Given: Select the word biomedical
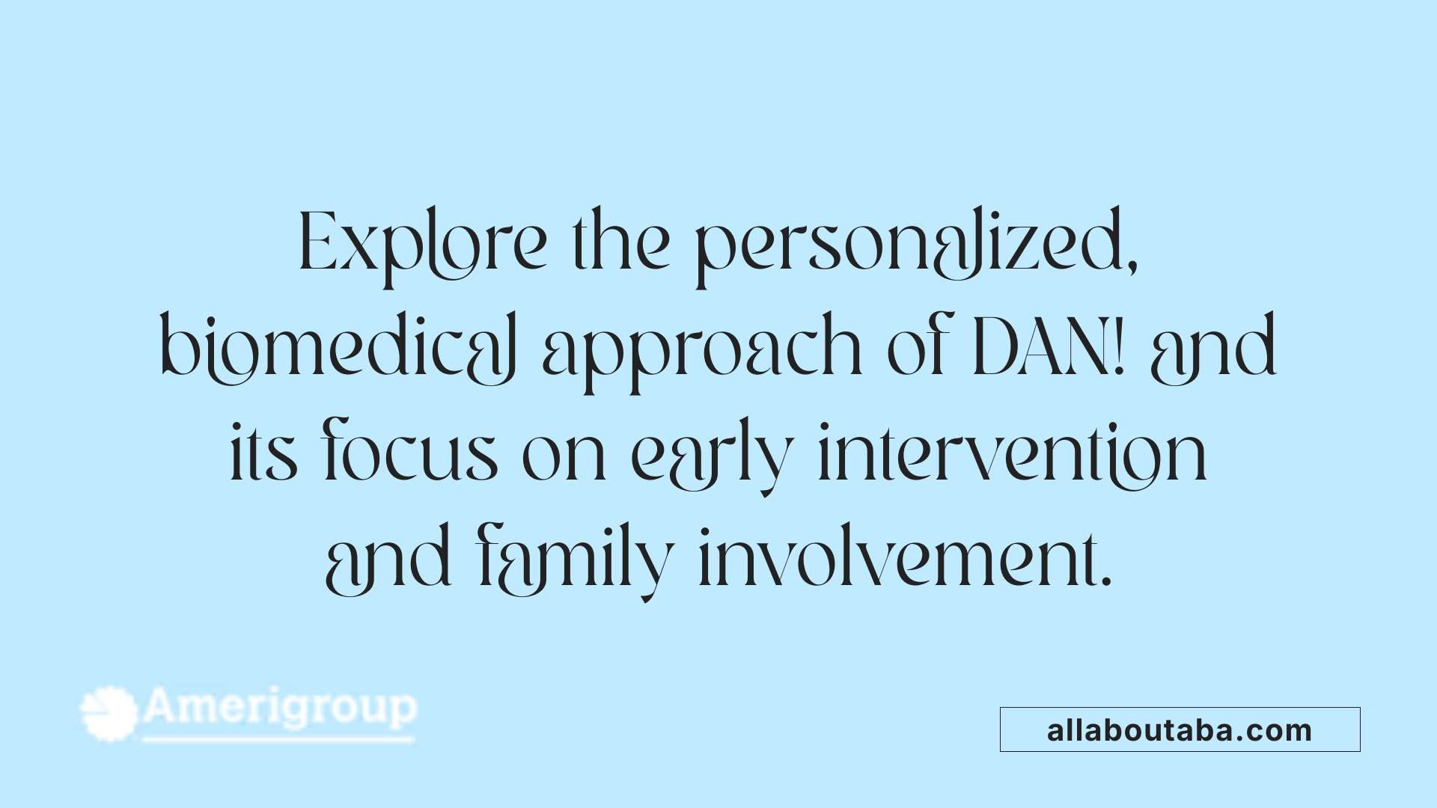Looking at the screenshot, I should (x=338, y=349).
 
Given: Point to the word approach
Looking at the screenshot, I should (x=702, y=349).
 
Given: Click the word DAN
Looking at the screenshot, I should (x=1040, y=348).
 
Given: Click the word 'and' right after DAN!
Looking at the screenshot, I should (x=1213, y=349).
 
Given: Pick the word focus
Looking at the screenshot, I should (x=410, y=453).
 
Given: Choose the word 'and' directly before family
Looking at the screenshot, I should (x=388, y=560).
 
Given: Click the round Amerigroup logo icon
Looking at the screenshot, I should (x=109, y=713).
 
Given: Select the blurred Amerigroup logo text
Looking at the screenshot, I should (x=280, y=708).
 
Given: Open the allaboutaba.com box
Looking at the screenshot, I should (x=1180, y=729).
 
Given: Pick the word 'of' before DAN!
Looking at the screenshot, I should (x=919, y=349).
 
